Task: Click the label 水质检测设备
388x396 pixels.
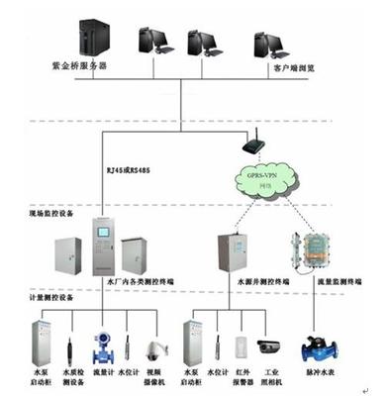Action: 70,375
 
